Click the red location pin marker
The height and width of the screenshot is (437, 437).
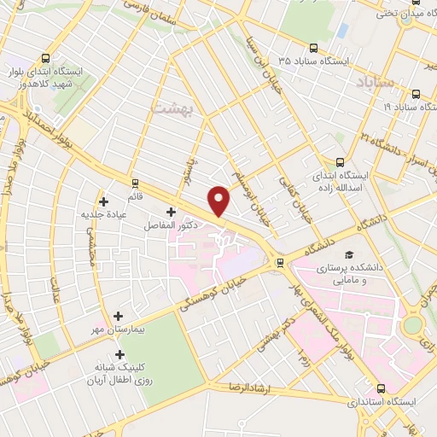tap(220, 200)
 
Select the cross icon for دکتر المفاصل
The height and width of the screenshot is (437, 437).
tap(171, 211)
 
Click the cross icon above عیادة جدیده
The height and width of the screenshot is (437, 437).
tap(104, 202)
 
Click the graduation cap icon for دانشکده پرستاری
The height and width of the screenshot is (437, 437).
tap(348, 255)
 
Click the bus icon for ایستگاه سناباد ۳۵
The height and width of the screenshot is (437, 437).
tap(314, 48)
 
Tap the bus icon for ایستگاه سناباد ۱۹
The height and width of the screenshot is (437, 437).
tap(415, 95)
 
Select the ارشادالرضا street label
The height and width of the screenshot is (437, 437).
tap(249, 387)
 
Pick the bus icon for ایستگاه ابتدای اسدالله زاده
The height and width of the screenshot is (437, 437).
tap(341, 160)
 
